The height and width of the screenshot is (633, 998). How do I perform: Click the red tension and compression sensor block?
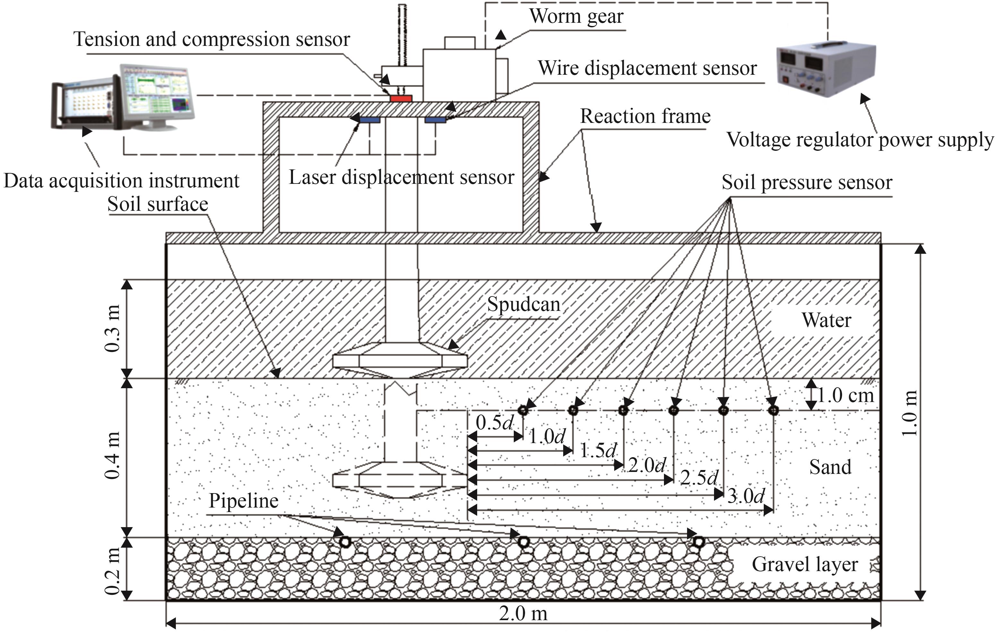401,98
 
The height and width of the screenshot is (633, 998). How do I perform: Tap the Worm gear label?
576,17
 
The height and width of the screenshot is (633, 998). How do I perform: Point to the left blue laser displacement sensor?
370,120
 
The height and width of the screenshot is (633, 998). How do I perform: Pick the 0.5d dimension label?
495,423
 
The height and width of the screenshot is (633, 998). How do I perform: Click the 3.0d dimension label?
746,496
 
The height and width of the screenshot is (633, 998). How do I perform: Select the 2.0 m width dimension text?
523,614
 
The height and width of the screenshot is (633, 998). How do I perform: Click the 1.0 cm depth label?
846,396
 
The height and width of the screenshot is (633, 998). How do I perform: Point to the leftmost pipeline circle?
345,542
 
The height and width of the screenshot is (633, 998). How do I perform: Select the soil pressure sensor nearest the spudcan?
523,410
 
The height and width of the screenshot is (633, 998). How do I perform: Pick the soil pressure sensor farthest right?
773,410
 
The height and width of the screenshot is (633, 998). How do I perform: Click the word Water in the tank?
826,320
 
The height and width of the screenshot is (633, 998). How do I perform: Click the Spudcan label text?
523,304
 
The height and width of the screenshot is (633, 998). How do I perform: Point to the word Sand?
830,467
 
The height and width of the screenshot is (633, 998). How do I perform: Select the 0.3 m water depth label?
113,329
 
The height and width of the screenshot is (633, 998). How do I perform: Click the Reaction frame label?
645,116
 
